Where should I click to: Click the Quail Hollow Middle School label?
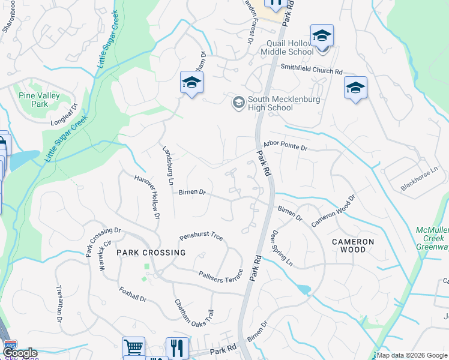click(x=287, y=47)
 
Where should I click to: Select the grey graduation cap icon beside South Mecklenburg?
click(x=238, y=103)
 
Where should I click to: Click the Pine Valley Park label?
click(x=33, y=100)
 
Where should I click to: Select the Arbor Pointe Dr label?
click(x=285, y=146)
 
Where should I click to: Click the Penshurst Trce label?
click(x=201, y=238)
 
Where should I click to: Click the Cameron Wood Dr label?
click(x=333, y=211)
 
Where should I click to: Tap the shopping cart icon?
click(x=133, y=347)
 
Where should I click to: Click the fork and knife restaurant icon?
click(x=177, y=347)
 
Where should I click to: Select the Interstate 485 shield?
click(x=7, y=347)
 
